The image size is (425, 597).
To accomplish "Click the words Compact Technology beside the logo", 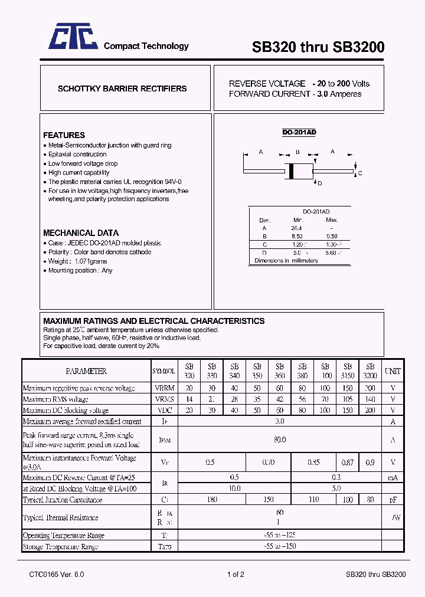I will [x=146, y=46].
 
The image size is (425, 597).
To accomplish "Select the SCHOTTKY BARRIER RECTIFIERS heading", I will [x=122, y=88].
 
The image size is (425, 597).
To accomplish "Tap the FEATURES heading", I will [x=64, y=135].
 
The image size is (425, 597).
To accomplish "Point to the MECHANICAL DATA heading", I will [x=81, y=232].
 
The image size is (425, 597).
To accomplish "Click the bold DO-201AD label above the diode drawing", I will [x=299, y=132].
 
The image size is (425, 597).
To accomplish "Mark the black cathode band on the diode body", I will [x=290, y=170].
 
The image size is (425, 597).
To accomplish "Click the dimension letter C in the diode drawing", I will [x=360, y=173].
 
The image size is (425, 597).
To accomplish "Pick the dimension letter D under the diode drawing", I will [x=320, y=183].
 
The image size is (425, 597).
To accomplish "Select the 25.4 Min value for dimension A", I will [x=296, y=228].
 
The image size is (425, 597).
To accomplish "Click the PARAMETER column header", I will [x=86, y=371].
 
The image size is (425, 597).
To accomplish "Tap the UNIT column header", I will [x=393, y=371].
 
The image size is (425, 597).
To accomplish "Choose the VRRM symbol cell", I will [x=164, y=388].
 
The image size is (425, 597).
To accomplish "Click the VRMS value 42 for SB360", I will [x=280, y=399].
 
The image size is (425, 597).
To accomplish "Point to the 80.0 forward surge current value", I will [x=280, y=439].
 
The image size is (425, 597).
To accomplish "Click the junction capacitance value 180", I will [x=212, y=500].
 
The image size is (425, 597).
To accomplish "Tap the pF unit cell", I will [x=393, y=500].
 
